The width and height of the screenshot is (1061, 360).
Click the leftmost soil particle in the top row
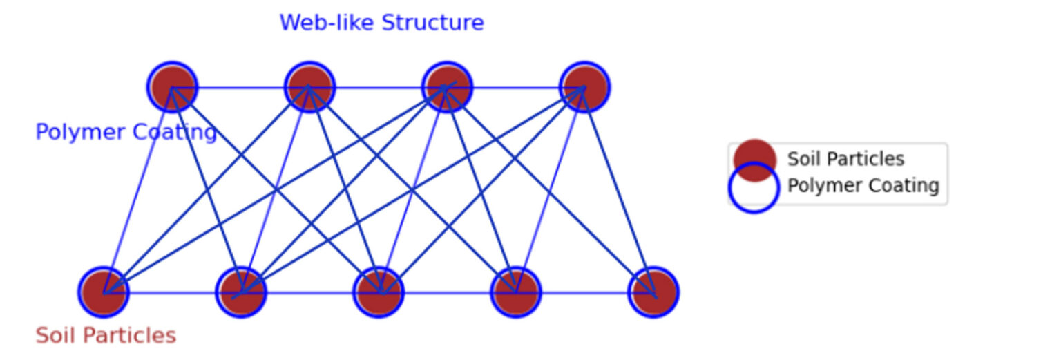click(x=172, y=87)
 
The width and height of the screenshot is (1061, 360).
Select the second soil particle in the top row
click(x=309, y=87)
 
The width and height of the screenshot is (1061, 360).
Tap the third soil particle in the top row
click(x=447, y=87)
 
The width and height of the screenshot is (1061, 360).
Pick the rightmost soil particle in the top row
click(x=584, y=87)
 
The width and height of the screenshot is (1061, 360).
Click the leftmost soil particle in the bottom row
click(x=104, y=292)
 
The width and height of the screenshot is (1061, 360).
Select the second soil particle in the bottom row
click(x=241, y=292)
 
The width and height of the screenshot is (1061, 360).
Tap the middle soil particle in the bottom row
click(x=379, y=292)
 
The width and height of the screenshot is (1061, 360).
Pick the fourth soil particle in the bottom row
click(x=516, y=292)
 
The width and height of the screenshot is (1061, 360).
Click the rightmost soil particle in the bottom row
click(x=653, y=292)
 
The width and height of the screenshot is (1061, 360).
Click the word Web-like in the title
click(x=327, y=23)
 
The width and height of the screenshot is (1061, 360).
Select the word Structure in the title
click(x=432, y=23)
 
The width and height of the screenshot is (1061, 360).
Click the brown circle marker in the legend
click(x=754, y=160)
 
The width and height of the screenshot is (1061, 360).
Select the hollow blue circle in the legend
click(x=754, y=187)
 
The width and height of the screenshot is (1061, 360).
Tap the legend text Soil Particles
click(x=845, y=159)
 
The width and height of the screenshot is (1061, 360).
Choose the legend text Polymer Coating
click(x=863, y=186)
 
